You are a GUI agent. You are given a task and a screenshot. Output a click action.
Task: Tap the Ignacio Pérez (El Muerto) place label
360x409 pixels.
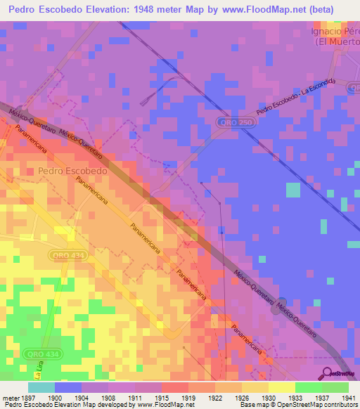coord(336,37)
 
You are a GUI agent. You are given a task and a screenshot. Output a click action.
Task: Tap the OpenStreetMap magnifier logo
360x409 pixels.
coord(326,373)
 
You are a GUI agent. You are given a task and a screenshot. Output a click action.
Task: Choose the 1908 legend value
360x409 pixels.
coord(108,397)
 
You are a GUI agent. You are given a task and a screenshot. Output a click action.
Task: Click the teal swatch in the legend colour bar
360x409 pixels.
coord(41,387)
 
